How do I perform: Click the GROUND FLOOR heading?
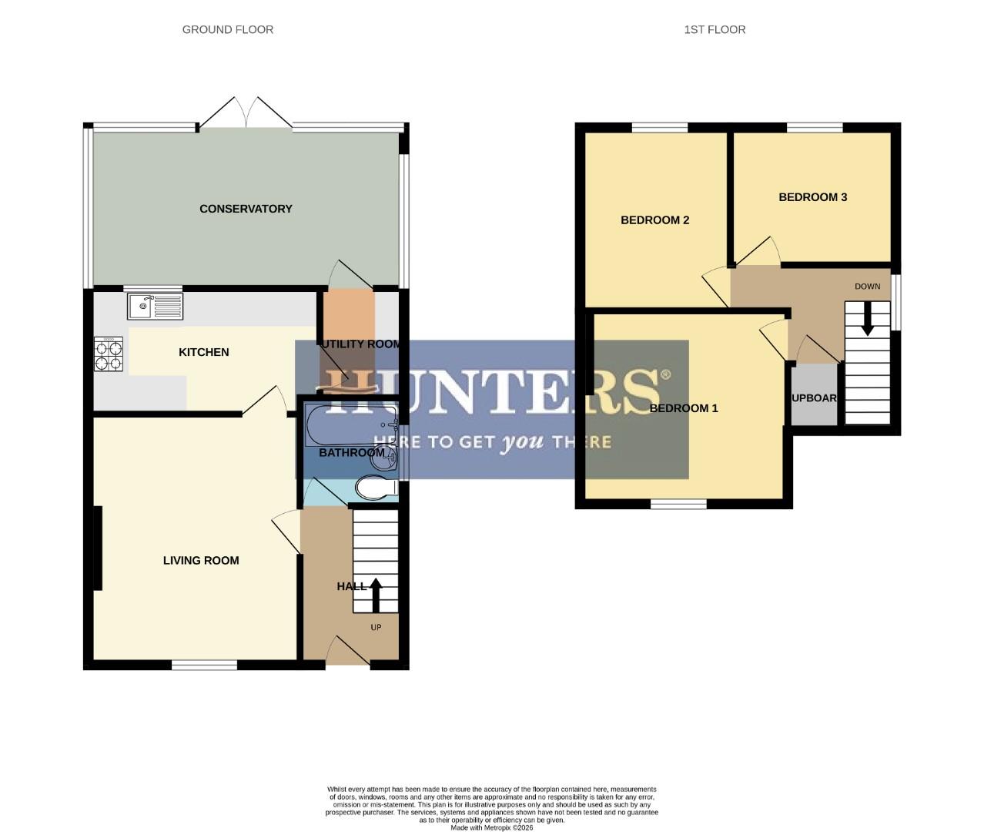pos(227,29)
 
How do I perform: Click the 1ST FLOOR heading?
pos(715,29)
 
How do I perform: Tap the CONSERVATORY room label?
pos(246,209)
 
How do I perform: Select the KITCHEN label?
pos(204,352)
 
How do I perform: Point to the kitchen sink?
pos(155,307)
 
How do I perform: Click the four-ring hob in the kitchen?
pos(109,355)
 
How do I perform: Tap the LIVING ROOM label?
pos(201,561)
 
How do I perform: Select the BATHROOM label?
pos(352,453)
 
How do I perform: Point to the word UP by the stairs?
pos(376,628)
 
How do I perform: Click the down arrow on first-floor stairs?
pos(867,318)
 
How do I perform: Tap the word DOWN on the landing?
pos(867,287)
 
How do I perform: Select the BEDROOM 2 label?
pos(654,220)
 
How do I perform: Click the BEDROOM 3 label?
pos(812,197)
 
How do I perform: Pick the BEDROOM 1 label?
pos(684,408)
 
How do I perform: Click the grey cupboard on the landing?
pos(814,394)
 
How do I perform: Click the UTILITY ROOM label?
pos(360,344)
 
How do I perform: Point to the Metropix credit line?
pos(491,827)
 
